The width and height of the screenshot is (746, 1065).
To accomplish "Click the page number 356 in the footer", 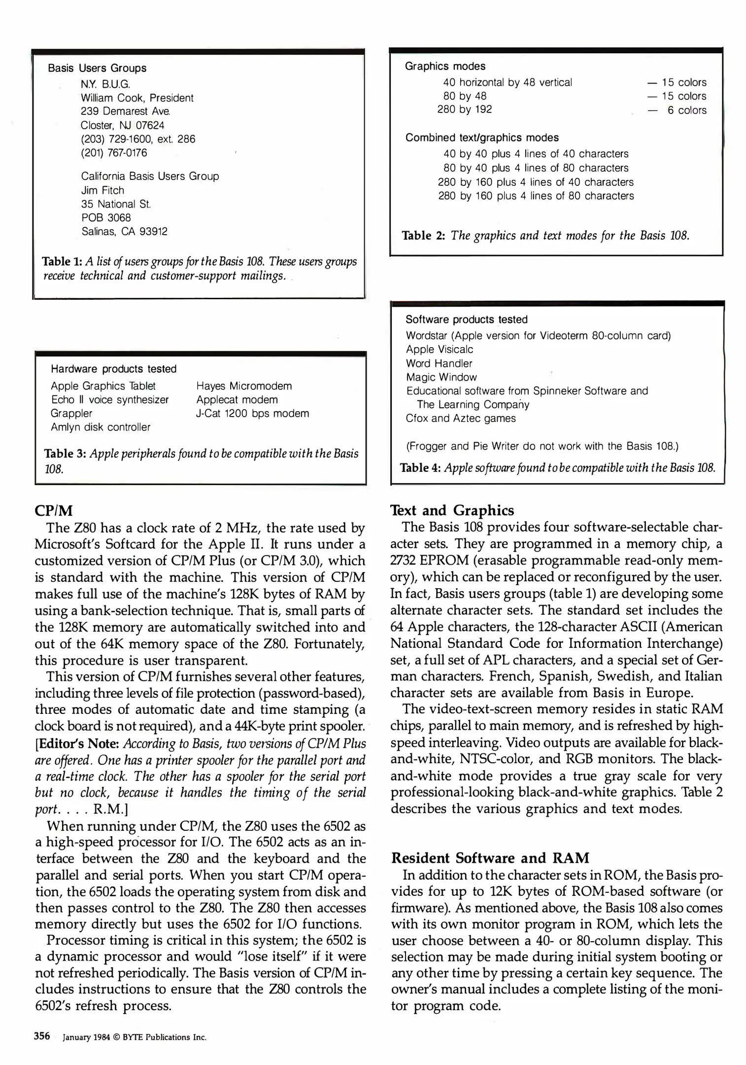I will point(42,1036).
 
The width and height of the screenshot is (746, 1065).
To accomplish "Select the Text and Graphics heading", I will point(452,510).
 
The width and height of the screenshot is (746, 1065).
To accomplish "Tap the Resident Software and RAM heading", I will point(490,858).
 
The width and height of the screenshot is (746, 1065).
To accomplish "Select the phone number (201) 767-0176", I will point(114,153).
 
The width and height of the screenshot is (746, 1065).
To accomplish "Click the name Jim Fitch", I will point(102,190).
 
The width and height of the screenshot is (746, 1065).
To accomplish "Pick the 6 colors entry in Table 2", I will point(686,110).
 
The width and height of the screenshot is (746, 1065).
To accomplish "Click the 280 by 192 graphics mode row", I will point(464,109).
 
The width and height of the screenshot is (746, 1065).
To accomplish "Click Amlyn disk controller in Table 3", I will point(101,427).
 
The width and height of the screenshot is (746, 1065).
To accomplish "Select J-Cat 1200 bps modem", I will point(252,414).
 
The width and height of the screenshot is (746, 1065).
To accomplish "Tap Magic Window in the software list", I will point(441,377).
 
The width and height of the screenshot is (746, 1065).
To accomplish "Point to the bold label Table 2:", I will point(423,236).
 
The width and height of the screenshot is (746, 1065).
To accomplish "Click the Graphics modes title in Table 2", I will point(444,67).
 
